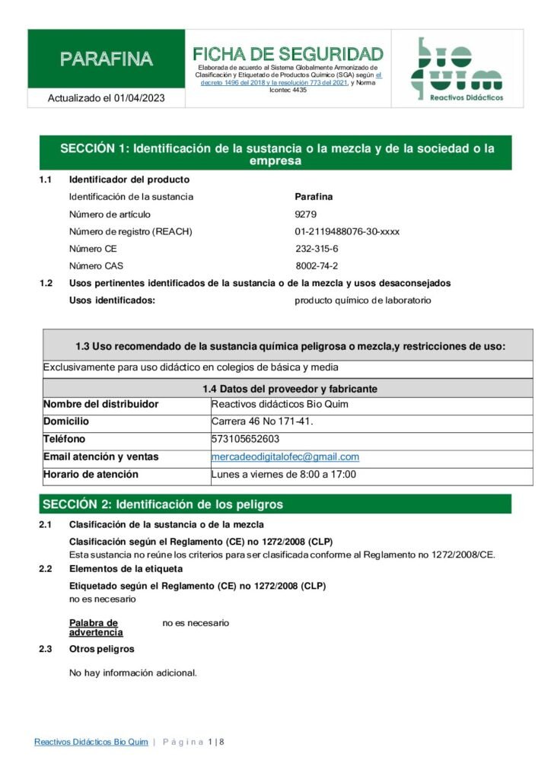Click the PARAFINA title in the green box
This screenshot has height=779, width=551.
[107, 59]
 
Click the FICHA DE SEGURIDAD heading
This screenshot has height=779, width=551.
[288, 54]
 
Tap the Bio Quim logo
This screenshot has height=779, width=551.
[457, 68]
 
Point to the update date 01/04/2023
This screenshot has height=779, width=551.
[139, 98]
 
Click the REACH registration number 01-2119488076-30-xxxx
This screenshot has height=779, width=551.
[347, 231]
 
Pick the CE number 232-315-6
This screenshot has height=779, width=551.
[317, 249]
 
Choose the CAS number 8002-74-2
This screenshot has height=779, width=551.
[317, 266]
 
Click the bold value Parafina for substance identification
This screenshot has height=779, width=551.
[314, 197]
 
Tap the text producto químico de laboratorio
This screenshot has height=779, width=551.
[362, 300]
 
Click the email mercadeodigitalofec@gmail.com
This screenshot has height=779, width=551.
[285, 457]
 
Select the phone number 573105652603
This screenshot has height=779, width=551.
[245, 440]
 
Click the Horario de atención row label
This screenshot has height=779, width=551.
[91, 475]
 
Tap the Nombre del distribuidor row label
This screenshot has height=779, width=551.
[100, 404]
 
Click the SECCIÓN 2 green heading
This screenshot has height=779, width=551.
[163, 504]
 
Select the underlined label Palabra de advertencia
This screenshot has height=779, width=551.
[96, 628]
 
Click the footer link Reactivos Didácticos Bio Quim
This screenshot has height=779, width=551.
[91, 742]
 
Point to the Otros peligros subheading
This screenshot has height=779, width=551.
[101, 649]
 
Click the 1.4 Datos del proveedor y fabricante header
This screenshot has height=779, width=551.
[289, 389]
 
